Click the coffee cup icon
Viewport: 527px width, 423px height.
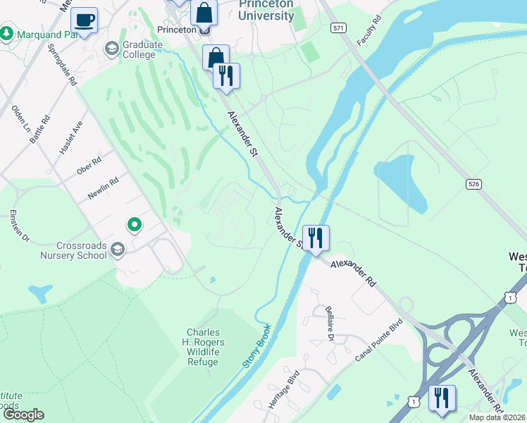[84, 20]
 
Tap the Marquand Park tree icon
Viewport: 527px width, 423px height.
[6, 33]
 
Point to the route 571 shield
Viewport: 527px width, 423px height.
[338, 27]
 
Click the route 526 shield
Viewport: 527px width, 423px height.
[473, 183]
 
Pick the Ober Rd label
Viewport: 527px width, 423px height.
[89, 166]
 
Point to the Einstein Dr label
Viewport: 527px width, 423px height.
[18, 226]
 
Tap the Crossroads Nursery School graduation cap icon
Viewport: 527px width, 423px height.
[118, 250]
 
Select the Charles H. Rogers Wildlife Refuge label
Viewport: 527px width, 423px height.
[203, 347]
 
